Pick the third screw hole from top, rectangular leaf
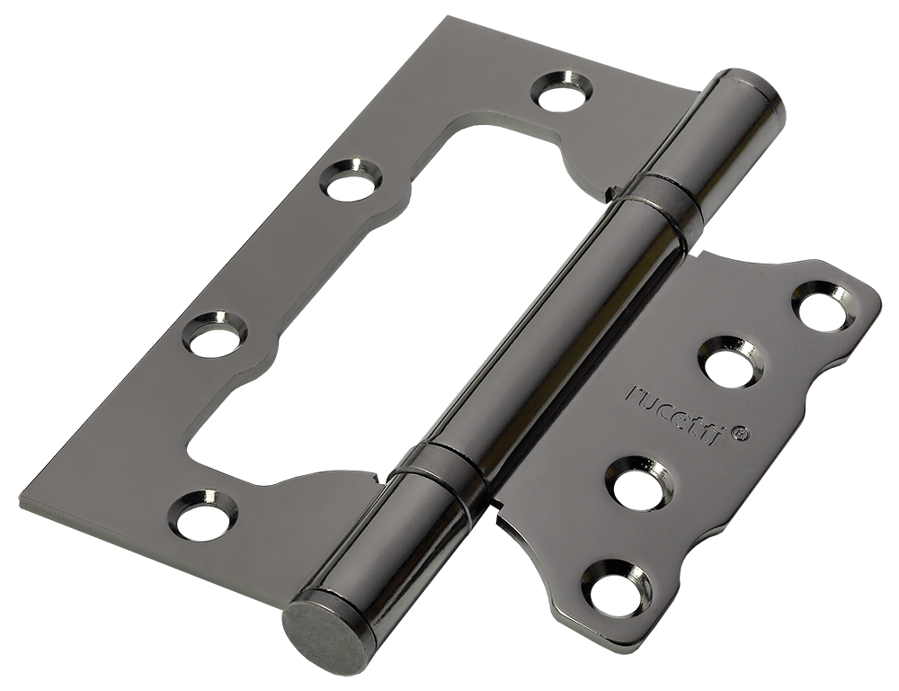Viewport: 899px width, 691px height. tap(216, 334)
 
